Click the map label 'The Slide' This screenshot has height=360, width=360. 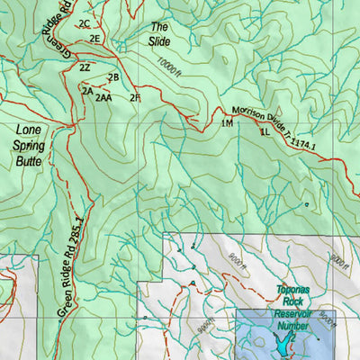click(x=159, y=34)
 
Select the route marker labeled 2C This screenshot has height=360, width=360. click(x=85, y=22)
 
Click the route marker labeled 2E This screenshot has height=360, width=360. click(x=94, y=39)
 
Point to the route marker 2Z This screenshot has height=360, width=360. click(x=85, y=67)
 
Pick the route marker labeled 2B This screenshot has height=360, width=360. click(x=113, y=77)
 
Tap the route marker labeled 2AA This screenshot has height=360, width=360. click(x=103, y=97)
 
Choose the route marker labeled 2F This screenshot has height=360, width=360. click(x=135, y=97)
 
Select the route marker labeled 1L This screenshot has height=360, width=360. click(x=265, y=131)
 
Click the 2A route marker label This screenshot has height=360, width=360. click(x=87, y=91)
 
